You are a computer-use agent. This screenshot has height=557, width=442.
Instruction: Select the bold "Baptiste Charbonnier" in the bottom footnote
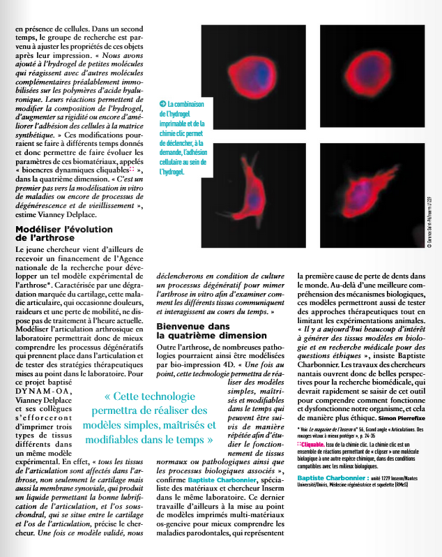point(331,482)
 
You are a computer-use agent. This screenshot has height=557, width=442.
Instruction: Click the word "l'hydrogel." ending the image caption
point(173,170)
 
